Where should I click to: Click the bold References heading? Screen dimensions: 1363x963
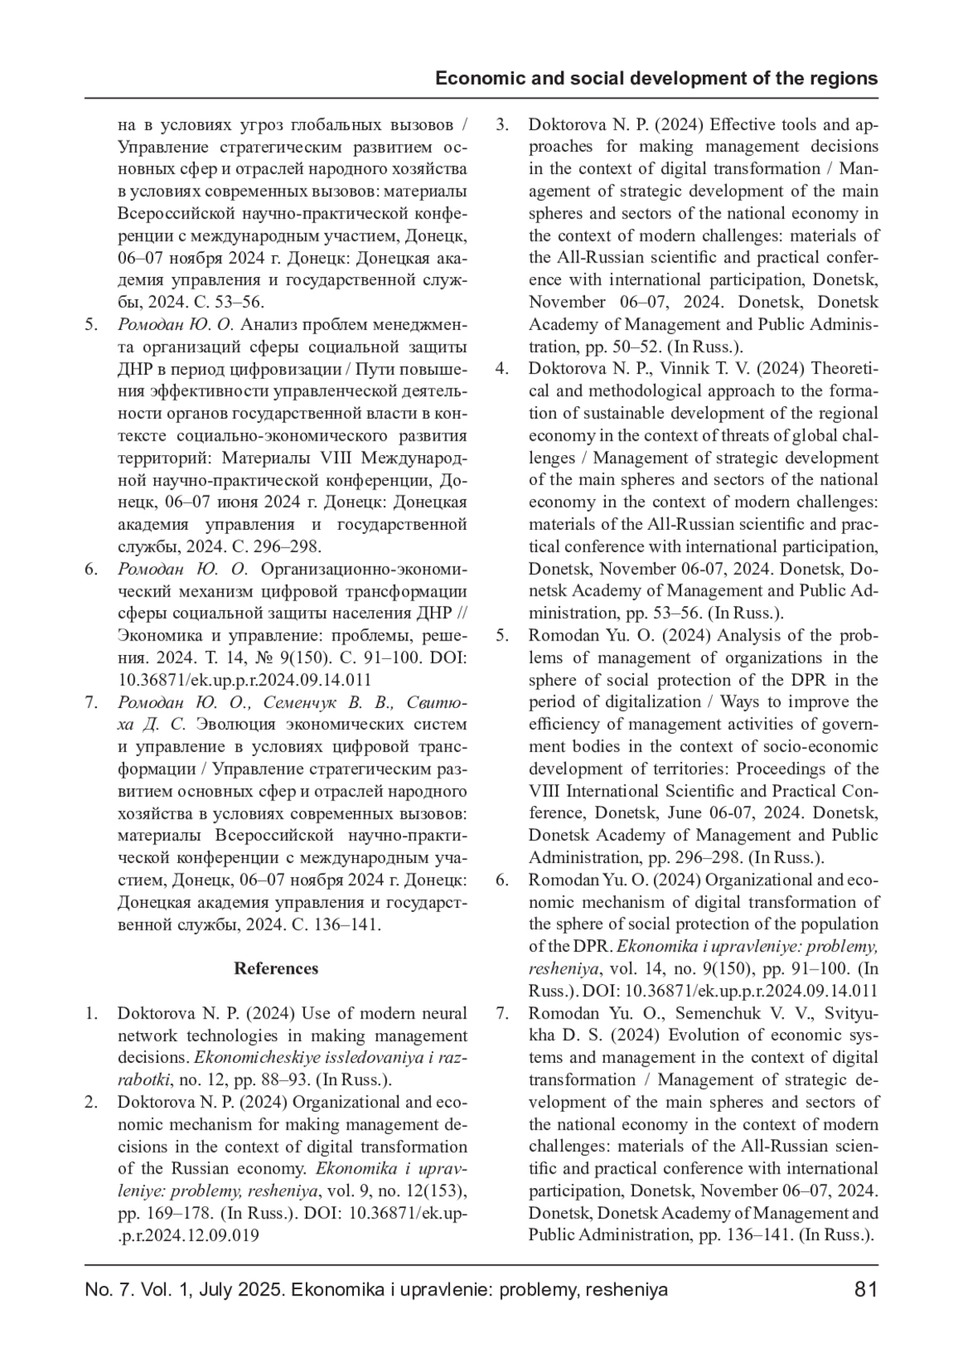coord(276,968)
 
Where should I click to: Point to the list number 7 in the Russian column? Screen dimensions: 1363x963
coord(91,702)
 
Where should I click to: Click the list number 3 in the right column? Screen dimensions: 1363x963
coord(502,124)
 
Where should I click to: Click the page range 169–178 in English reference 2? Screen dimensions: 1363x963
coord(151,1213)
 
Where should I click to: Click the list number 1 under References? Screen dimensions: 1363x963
coord(91,1013)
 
